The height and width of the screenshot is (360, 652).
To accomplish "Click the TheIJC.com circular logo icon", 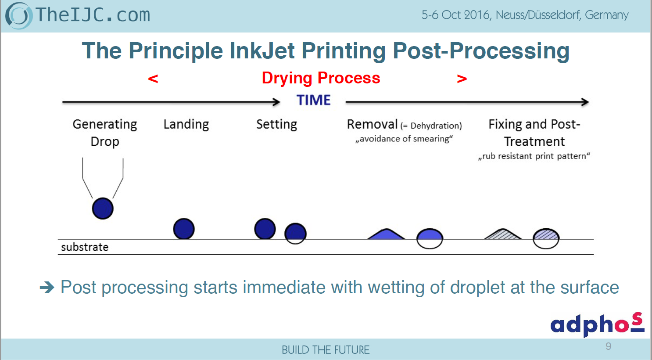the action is point(18,15).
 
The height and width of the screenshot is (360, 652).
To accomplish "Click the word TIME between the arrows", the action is point(313,100).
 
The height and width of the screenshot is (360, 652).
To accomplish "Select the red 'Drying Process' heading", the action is point(321,78).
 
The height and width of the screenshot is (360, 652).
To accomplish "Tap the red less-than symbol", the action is point(153,79).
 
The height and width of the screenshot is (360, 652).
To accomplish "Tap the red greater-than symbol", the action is point(462,79).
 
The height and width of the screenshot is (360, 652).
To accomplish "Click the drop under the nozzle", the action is point(103,209).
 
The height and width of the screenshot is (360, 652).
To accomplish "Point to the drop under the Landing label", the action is point(184,229).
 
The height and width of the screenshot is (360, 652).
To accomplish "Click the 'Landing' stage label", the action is point(186,124).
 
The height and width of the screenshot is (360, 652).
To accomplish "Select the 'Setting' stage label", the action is point(276,124).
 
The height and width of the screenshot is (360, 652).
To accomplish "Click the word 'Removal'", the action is point(372,124).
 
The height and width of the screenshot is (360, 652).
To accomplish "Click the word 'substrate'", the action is point(85,247).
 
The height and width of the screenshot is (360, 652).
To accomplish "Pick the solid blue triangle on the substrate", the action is point(386,234).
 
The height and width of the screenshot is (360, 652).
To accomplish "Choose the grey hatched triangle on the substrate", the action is point(503,234).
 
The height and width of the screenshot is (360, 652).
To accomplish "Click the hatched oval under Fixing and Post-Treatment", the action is point(546,239).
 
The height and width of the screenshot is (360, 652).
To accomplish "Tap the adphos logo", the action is point(597,324).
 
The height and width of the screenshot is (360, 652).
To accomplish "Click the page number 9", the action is point(608,346).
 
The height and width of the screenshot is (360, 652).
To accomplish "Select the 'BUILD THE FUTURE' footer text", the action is point(326,350).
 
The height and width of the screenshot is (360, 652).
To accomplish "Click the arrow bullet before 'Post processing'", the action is point(47,288).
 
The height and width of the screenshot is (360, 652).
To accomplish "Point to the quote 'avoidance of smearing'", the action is point(404,139).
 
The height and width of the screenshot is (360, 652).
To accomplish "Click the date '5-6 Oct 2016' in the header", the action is point(456,15).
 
